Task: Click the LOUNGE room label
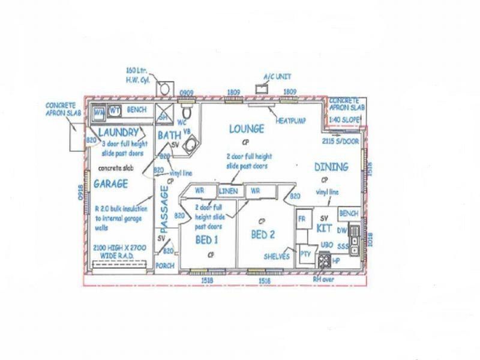[246, 128]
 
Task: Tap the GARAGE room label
[110, 184]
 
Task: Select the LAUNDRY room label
[118, 132]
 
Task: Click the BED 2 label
[263, 234]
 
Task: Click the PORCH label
[164, 265]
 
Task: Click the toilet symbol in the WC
[187, 113]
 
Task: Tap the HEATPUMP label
[290, 121]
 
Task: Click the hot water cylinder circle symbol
[163, 88]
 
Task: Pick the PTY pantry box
[305, 254]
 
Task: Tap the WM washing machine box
[99, 111]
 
